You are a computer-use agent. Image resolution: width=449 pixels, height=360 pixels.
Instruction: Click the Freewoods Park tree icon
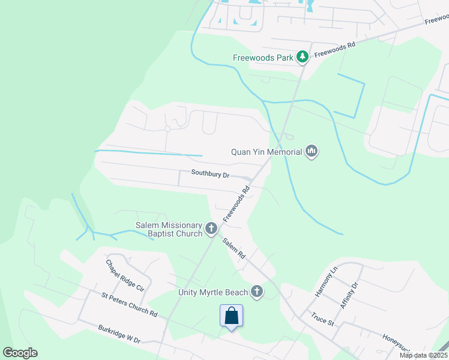[x=303, y=58]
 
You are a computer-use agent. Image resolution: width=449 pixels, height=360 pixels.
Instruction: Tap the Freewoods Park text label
[x=263, y=58]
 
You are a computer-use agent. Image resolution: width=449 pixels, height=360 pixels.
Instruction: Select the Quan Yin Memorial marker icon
[x=311, y=151]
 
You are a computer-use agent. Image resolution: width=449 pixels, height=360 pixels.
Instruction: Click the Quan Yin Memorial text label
[x=267, y=152]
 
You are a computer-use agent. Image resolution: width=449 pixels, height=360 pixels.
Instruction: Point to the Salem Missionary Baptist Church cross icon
[x=211, y=228]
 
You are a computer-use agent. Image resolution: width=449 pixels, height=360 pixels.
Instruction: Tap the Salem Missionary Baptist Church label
[x=168, y=229]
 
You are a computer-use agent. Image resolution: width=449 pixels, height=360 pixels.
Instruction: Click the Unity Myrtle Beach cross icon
[x=257, y=292]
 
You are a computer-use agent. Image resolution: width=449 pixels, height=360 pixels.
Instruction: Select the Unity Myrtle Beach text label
[x=212, y=292]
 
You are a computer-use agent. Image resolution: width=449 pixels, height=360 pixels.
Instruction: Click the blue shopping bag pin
[x=232, y=316]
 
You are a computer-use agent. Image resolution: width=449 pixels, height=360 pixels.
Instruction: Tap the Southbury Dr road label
[x=211, y=173]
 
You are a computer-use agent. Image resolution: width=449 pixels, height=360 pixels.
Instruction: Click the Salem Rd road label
[x=234, y=248]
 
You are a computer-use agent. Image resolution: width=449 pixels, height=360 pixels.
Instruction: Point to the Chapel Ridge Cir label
[x=125, y=275]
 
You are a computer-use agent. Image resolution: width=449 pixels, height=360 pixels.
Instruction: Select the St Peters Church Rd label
[x=129, y=305]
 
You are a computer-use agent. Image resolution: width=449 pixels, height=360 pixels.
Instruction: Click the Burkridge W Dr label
[x=119, y=334]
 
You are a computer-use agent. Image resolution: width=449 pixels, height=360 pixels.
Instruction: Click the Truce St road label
[x=322, y=318]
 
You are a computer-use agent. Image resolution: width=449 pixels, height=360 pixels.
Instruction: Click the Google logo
[x=20, y=353]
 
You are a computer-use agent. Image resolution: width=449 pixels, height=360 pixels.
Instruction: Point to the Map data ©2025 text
[x=423, y=355]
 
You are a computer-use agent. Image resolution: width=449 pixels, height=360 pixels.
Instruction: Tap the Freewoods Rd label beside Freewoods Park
[x=335, y=49]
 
